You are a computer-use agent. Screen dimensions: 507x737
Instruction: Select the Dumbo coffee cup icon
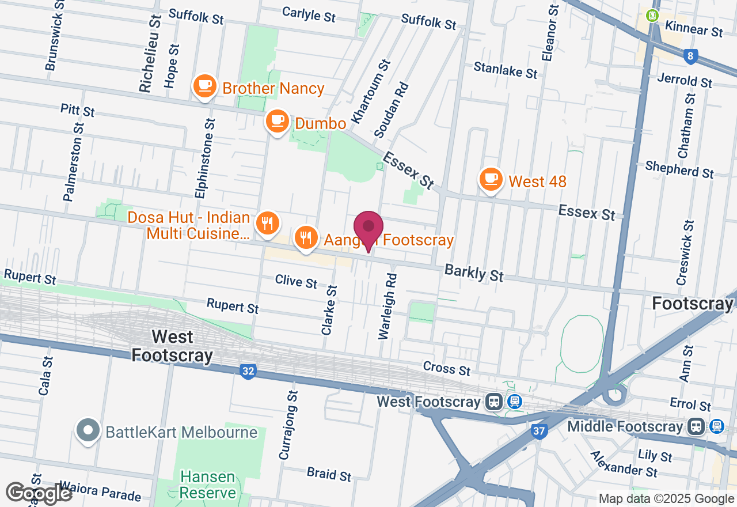(277, 121)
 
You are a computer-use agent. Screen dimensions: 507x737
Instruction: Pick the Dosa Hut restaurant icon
(267, 223)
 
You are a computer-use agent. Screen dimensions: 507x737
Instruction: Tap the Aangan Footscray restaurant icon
(306, 237)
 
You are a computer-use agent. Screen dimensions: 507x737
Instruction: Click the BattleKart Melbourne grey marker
(88, 431)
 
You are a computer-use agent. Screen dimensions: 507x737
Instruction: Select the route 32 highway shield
(248, 372)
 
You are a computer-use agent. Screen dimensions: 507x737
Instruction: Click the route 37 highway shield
(538, 431)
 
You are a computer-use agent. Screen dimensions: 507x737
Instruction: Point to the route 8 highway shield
(691, 56)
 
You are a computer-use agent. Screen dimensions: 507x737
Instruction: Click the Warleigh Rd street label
(388, 305)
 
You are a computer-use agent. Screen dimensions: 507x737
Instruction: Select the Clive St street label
(296, 281)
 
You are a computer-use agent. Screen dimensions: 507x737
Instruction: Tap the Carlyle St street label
(309, 14)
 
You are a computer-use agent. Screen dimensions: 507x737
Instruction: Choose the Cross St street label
(446, 369)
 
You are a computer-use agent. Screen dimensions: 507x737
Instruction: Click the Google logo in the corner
(39, 493)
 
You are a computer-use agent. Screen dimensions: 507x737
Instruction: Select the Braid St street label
(329, 474)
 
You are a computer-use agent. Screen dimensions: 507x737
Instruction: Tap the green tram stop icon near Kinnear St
(652, 16)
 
